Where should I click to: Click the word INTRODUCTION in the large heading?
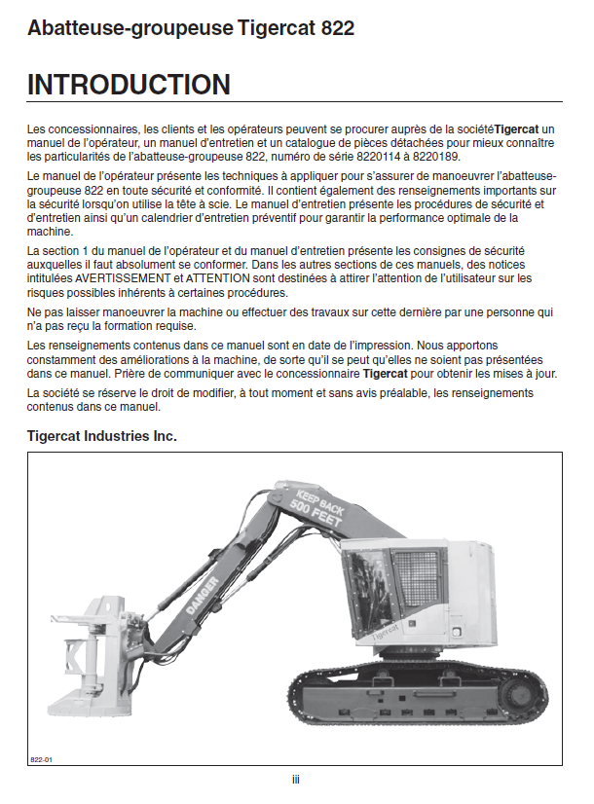[130, 85]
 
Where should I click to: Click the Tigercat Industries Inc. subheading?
[102, 437]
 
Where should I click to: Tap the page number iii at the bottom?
[296, 780]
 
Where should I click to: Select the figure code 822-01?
[41, 758]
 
